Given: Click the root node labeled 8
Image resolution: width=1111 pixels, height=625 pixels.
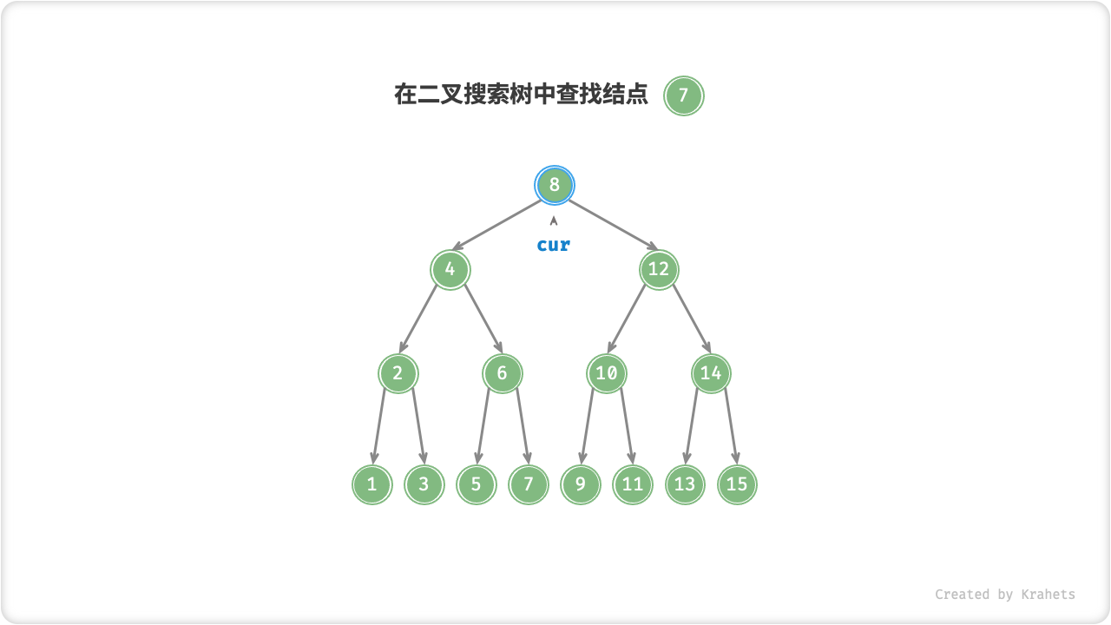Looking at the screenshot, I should coord(555,185).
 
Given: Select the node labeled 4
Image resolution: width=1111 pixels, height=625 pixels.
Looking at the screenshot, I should coord(450,269).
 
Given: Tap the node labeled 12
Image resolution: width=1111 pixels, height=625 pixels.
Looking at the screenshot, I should coord(659,269).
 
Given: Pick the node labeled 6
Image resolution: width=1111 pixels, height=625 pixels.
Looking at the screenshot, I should coord(503,373).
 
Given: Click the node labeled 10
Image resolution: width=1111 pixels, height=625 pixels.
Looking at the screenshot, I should coord(607,373).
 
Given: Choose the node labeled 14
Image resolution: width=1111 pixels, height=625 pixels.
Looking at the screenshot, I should coord(711,373).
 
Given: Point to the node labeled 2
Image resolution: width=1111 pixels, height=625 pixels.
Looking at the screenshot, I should coord(398,373).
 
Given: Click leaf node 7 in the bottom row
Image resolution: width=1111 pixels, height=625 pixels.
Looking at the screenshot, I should coord(529,484).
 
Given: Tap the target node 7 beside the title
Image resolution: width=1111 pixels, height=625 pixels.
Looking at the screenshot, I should coord(684,95).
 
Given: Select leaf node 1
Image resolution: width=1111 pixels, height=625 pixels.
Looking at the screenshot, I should coord(372,484).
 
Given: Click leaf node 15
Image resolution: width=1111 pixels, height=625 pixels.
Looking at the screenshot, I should coord(737,484).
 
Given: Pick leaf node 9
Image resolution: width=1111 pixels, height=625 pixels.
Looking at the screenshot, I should coord(581,484).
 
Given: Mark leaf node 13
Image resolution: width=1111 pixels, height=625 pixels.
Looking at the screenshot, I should coord(685,484).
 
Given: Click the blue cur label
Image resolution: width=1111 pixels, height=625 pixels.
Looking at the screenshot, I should coord(554,245).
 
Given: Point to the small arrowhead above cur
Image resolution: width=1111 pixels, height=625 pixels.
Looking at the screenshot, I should coord(554,220).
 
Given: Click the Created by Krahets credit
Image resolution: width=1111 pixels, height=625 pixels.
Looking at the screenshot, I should coord(1004,595).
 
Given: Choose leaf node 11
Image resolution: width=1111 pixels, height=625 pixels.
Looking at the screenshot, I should coord(633,484).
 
